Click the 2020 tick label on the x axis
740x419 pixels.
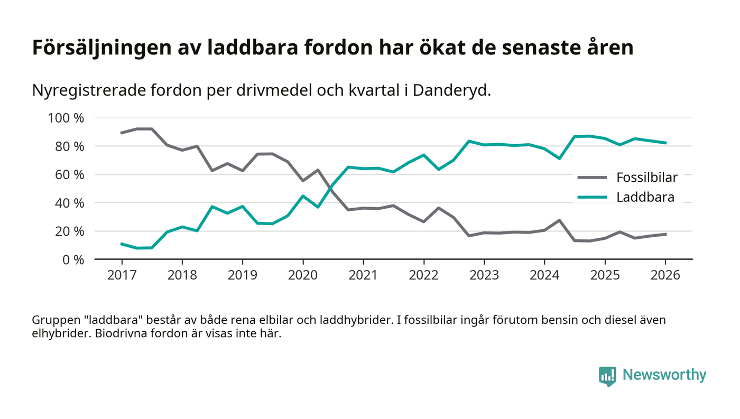(303, 276)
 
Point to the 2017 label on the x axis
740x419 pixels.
(122, 276)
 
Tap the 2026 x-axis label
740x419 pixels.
(665, 276)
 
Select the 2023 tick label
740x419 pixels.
(484, 276)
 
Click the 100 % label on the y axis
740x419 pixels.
(66, 118)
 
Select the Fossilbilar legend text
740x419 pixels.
(646, 178)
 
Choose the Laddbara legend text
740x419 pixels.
(645, 198)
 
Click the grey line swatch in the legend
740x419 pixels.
(592, 178)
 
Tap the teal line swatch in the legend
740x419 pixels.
(592, 198)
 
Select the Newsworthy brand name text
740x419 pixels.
(664, 375)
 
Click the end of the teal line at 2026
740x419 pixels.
(665, 143)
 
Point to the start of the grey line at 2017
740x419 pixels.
(122, 133)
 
